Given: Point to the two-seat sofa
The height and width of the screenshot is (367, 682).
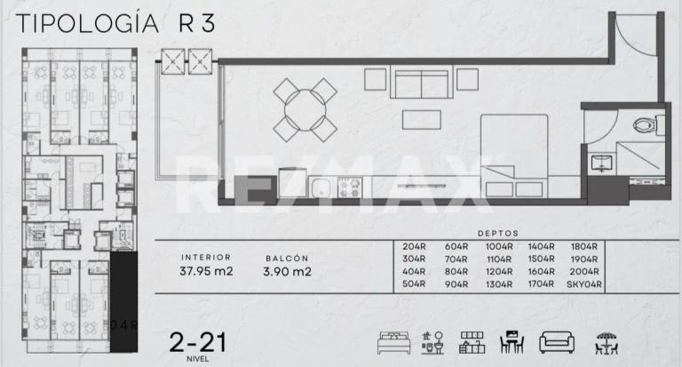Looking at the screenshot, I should tap(419, 85).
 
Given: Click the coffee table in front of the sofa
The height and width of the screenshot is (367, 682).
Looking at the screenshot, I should tap(420, 119).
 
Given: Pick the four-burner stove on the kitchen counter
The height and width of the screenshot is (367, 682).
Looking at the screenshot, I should tap(347, 188).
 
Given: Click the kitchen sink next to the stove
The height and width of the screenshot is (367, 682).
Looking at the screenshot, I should tap(321, 188).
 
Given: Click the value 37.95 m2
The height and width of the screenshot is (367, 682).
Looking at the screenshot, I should tap(206, 272).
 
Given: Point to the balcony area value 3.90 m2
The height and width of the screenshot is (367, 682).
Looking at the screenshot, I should tap(287, 272).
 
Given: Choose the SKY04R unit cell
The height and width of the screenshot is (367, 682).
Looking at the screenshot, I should tap(583, 284).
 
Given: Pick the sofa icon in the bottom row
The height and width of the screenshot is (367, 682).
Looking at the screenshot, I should tap(558, 342).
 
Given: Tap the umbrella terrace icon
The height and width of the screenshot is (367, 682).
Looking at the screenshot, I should tap(606, 342).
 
